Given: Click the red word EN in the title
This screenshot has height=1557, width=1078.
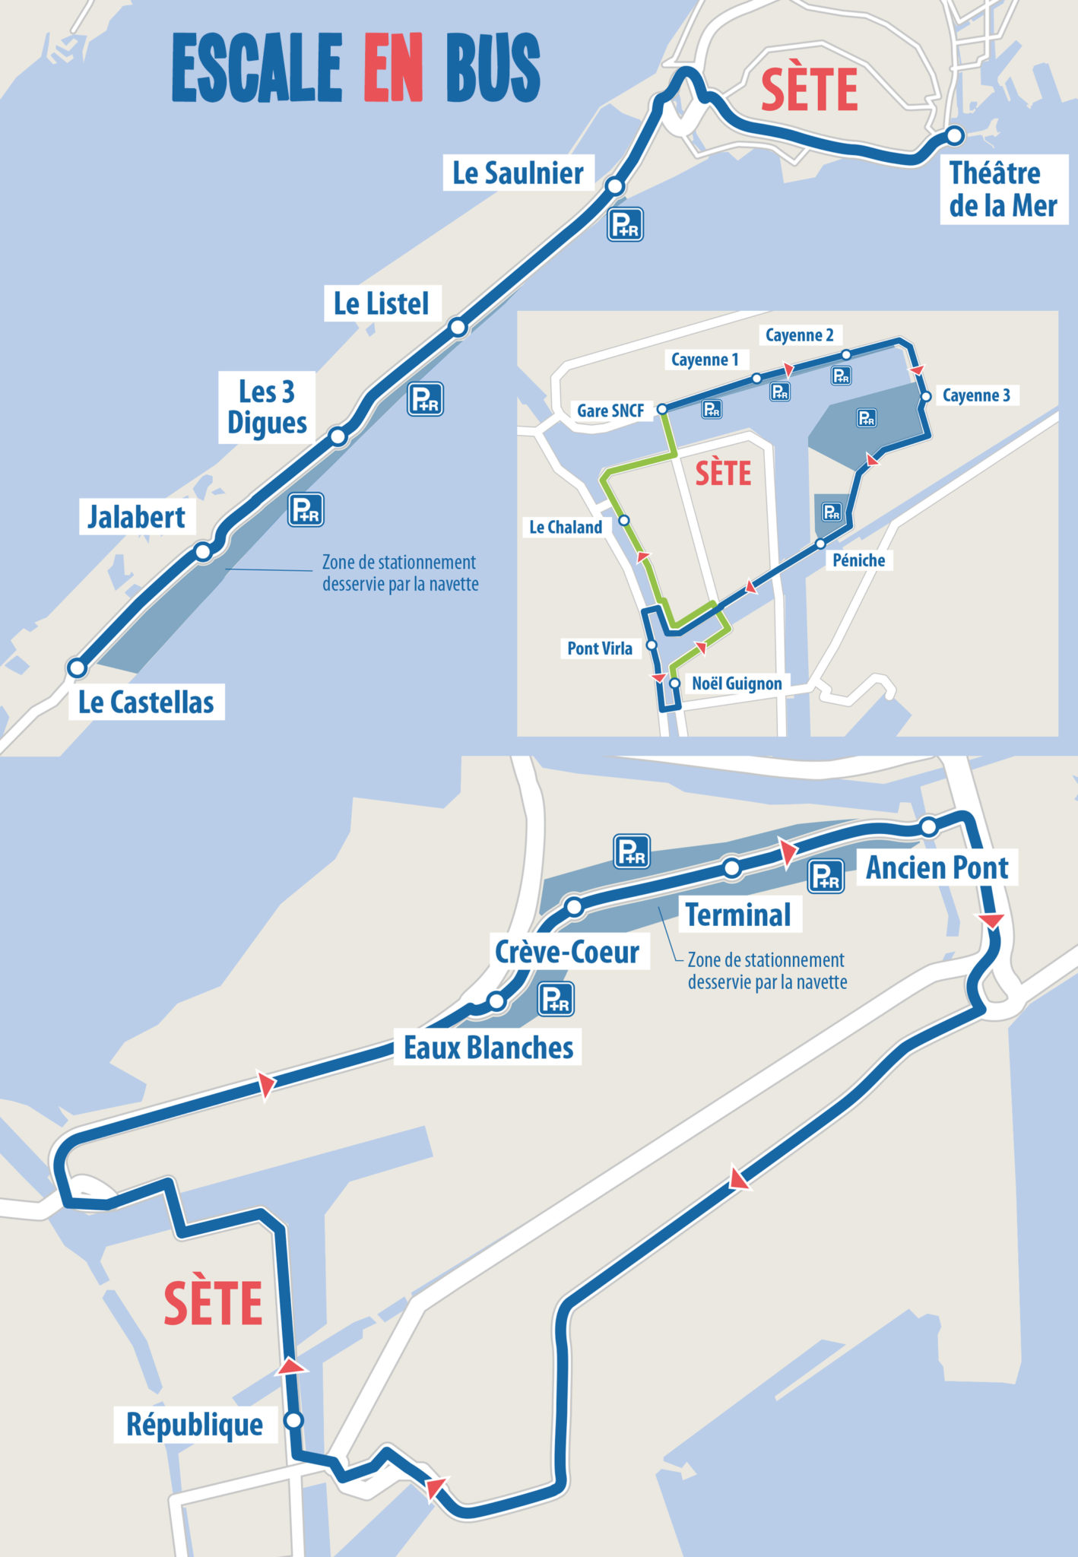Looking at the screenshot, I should tap(393, 68).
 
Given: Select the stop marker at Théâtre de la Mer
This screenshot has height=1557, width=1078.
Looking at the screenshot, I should tap(955, 136).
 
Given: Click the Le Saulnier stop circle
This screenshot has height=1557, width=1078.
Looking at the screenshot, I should tap(615, 186).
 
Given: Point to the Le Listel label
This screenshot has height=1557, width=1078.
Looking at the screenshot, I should tap(382, 304).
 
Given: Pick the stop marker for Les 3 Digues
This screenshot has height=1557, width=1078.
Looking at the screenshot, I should tap(338, 436).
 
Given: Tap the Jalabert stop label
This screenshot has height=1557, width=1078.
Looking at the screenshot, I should tap(137, 517).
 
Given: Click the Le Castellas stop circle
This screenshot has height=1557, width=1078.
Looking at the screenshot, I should tap(77, 668).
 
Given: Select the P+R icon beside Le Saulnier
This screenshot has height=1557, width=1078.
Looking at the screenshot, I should tap(625, 224).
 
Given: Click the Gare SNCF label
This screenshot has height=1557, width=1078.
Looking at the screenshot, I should tap(610, 411).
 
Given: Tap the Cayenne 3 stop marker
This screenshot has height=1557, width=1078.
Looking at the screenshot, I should tap(926, 397).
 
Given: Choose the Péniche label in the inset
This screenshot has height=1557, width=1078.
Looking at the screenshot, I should tap(859, 560).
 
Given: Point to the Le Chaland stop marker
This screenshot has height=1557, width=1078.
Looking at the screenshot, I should tap(624, 521).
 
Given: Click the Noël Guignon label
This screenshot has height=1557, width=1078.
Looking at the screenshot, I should tap(737, 683).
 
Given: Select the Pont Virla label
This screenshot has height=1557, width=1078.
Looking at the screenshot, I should tap(600, 648).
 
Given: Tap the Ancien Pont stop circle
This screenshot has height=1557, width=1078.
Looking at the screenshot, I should tap(928, 827).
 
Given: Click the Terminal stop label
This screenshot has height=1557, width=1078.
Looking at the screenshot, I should tap(738, 915).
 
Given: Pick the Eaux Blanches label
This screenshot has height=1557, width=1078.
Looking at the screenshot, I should tap(488, 1048).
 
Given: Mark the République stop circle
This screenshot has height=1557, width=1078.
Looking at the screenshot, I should tap(293, 1420).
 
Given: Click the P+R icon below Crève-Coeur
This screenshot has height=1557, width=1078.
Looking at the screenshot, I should tap(556, 999).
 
